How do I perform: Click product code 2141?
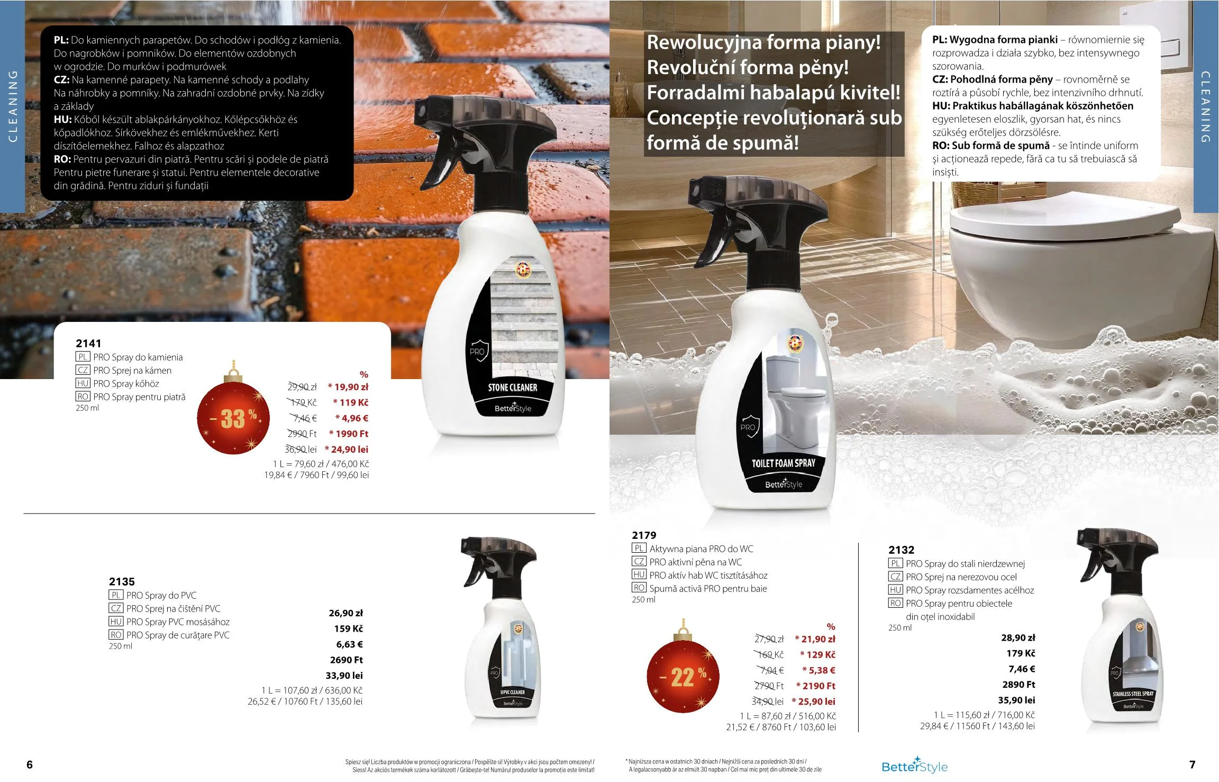pyautogui.click(x=88, y=343)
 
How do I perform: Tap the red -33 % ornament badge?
pyautogui.click(x=234, y=417)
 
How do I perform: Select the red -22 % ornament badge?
pyautogui.click(x=683, y=676)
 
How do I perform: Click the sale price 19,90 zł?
pyautogui.click(x=348, y=387)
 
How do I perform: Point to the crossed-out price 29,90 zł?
pyautogui.click(x=302, y=387)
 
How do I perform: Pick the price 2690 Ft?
pyautogui.click(x=346, y=660)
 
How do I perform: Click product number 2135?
pyautogui.click(x=122, y=581)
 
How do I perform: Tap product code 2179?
pyautogui.click(x=644, y=535)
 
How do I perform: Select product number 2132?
pyautogui.click(x=901, y=550)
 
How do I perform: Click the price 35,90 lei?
pyautogui.click(x=1016, y=700)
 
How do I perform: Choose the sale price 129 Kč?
pyautogui.click(x=817, y=654)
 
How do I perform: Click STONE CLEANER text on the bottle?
pyautogui.click(x=512, y=388)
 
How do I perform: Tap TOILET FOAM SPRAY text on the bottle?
pyautogui.click(x=784, y=463)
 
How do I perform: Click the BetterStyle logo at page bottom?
pyautogui.click(x=914, y=765)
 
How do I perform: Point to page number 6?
pyautogui.click(x=30, y=765)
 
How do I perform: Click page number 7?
pyautogui.click(x=1193, y=765)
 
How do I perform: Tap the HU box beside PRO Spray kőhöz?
pyautogui.click(x=83, y=383)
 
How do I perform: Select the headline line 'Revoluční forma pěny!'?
pyautogui.click(x=748, y=67)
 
